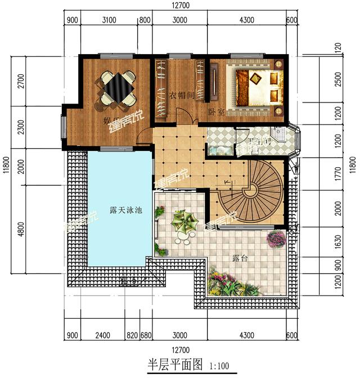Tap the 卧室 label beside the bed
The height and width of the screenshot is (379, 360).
tap(217, 112)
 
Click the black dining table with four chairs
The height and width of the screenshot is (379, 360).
tap(118, 87)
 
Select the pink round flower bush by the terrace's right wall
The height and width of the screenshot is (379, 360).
tap(276, 239)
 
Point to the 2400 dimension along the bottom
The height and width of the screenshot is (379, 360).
tap(102, 336)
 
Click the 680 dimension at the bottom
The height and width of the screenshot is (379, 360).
tap(145, 336)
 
